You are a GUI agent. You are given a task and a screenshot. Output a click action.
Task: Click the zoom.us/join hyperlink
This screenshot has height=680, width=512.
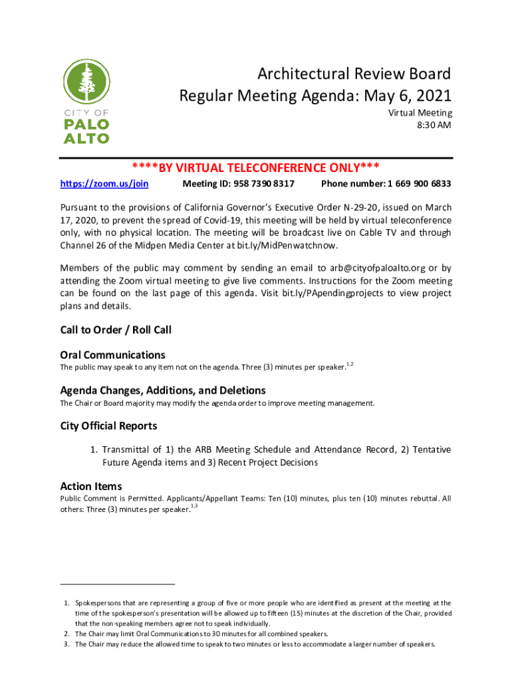point(104,183)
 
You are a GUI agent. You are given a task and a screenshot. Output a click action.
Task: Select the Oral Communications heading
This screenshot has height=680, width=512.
point(112,355)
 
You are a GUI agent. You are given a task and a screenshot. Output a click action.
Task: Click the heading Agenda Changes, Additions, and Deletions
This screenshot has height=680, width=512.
point(163,390)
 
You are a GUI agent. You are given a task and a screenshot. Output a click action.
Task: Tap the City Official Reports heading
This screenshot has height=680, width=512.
point(108,425)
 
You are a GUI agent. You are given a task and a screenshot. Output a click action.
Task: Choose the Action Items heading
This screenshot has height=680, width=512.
point(91,486)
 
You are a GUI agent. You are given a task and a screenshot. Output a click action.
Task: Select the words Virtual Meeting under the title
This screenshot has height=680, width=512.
point(420,113)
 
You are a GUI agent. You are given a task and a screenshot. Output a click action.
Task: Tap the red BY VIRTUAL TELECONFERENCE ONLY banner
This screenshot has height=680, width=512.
point(256,167)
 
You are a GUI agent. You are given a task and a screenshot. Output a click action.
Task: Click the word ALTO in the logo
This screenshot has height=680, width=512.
point(86,137)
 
